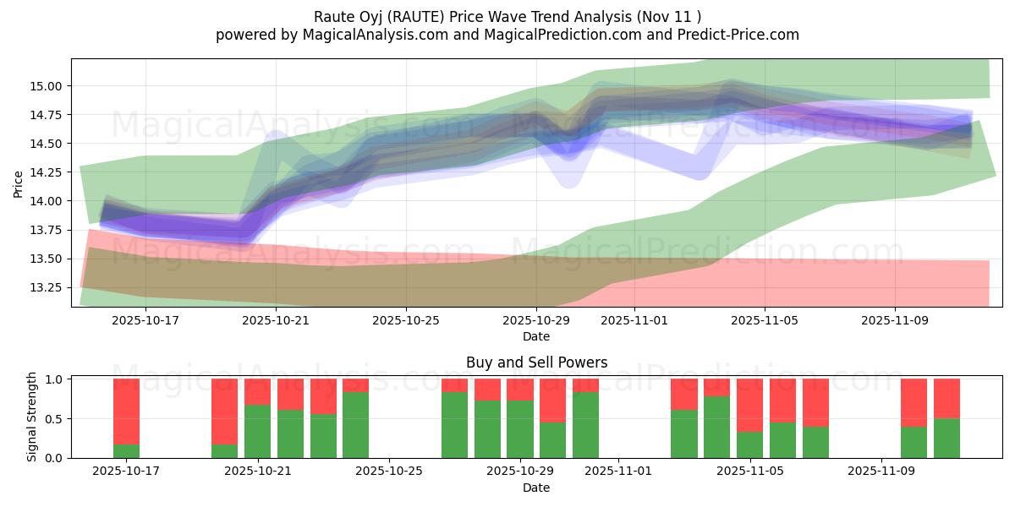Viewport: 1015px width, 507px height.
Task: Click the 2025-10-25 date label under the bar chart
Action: (x=388, y=472)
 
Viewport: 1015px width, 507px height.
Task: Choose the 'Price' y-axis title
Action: (x=18, y=183)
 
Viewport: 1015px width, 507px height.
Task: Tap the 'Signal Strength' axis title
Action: (x=31, y=417)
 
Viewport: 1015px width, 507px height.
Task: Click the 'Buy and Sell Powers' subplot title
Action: (x=536, y=363)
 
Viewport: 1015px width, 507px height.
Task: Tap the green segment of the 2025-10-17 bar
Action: (x=126, y=451)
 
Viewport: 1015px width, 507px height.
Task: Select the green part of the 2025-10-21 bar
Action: (x=257, y=432)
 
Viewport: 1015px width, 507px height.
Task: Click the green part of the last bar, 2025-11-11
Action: (x=946, y=439)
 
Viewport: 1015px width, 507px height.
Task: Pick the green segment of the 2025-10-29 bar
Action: (x=519, y=429)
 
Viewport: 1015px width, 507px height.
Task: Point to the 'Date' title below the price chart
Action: (x=536, y=336)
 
